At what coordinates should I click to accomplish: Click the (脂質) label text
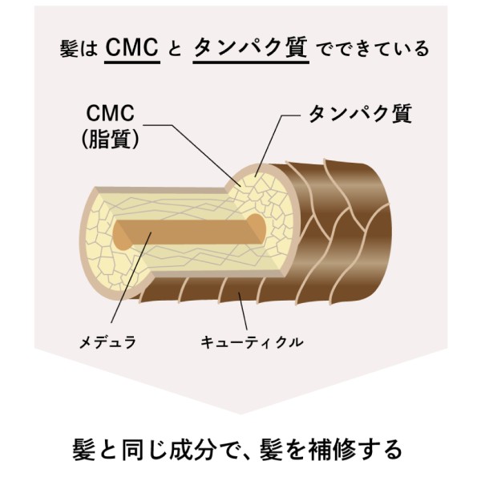tap(112, 139)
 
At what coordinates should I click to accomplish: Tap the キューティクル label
tap(252, 342)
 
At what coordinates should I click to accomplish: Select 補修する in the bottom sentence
tap(353, 447)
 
